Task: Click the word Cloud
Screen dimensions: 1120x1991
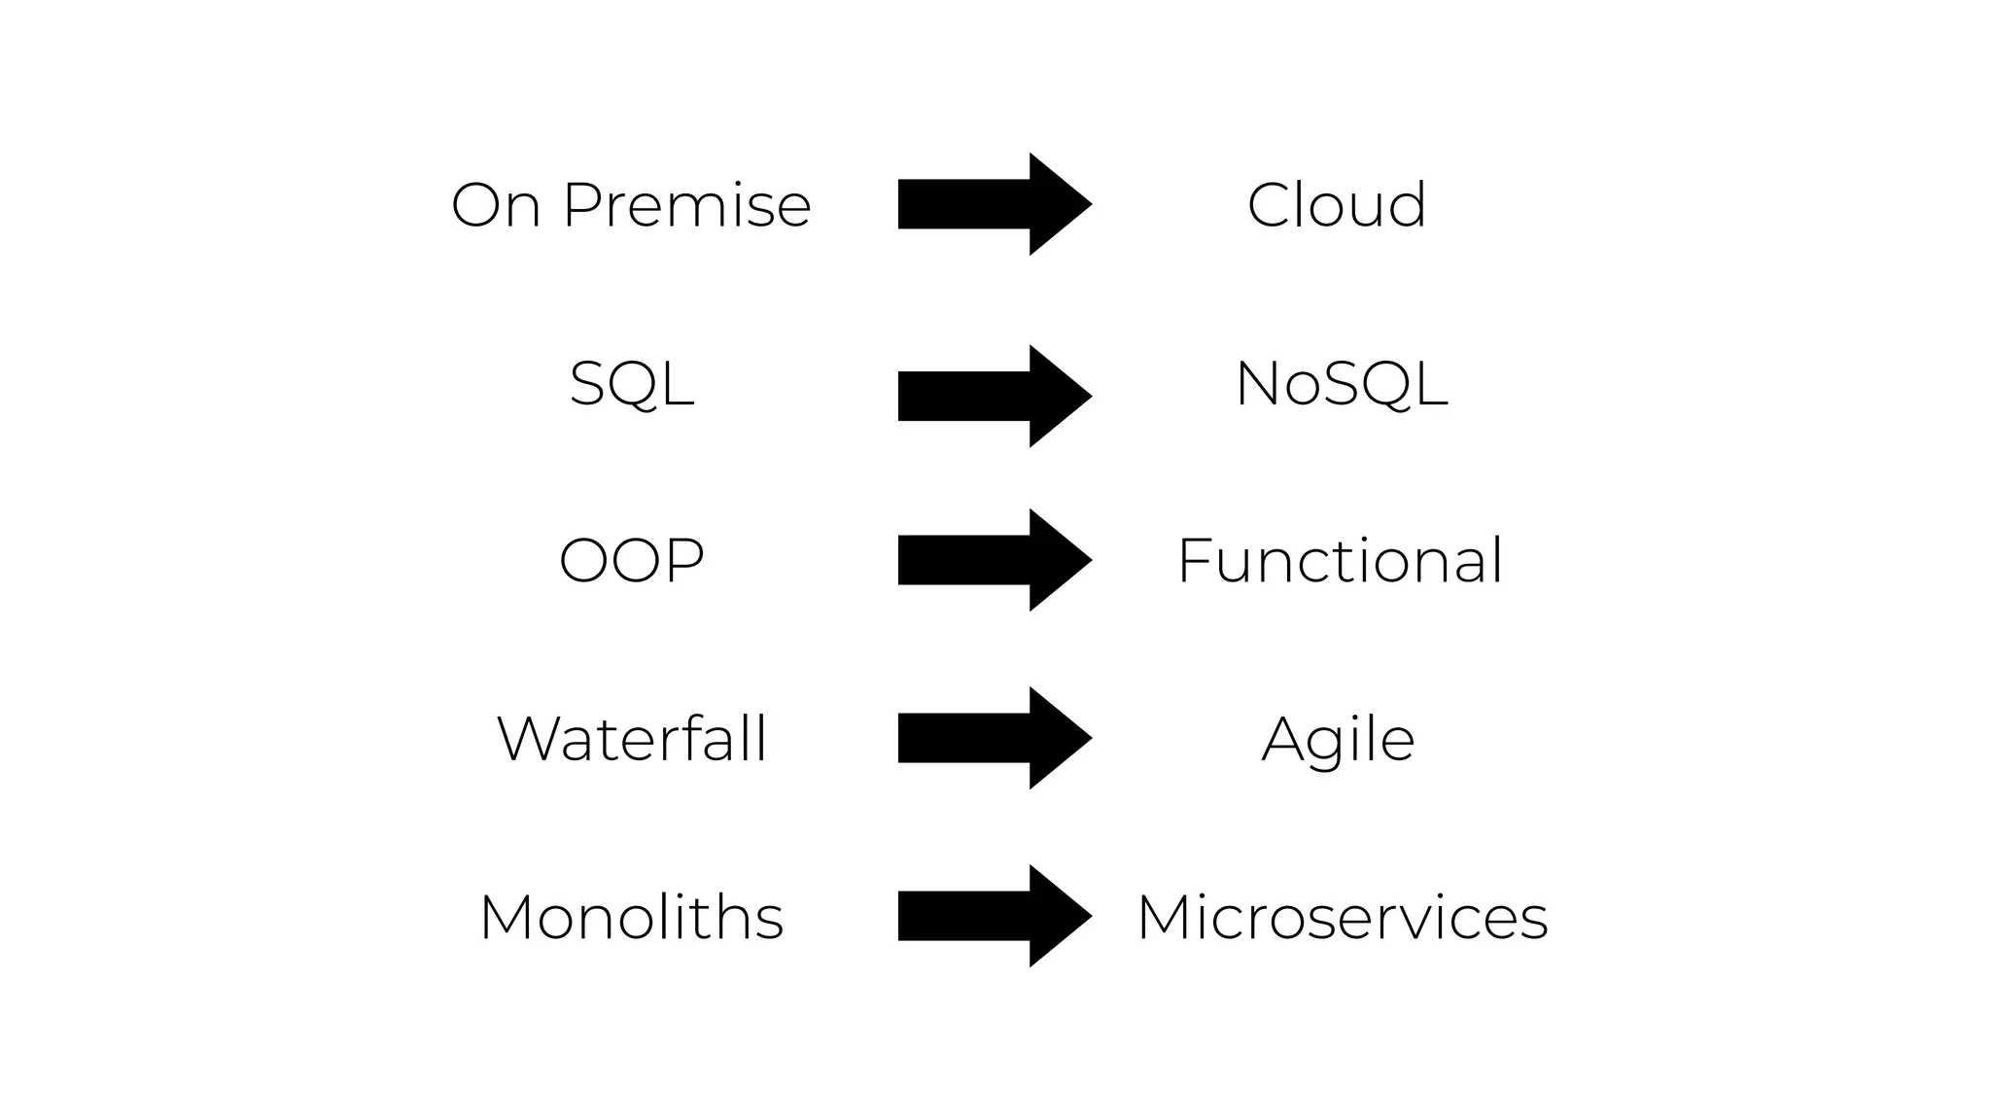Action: (1337, 205)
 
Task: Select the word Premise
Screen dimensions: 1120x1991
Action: (686, 205)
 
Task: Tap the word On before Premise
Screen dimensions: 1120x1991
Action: (496, 205)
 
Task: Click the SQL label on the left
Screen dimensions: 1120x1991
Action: (632, 384)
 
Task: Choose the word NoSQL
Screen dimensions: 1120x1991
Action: (1342, 384)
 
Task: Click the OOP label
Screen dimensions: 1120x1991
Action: (632, 561)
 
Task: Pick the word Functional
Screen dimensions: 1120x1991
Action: (1340, 561)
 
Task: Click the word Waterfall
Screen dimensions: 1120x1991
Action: (632, 739)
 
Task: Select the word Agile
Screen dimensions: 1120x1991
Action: (1338, 741)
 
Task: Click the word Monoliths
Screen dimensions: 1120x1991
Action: (632, 917)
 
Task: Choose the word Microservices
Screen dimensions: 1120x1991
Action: (1342, 917)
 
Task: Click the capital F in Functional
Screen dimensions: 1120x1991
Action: (1194, 561)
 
